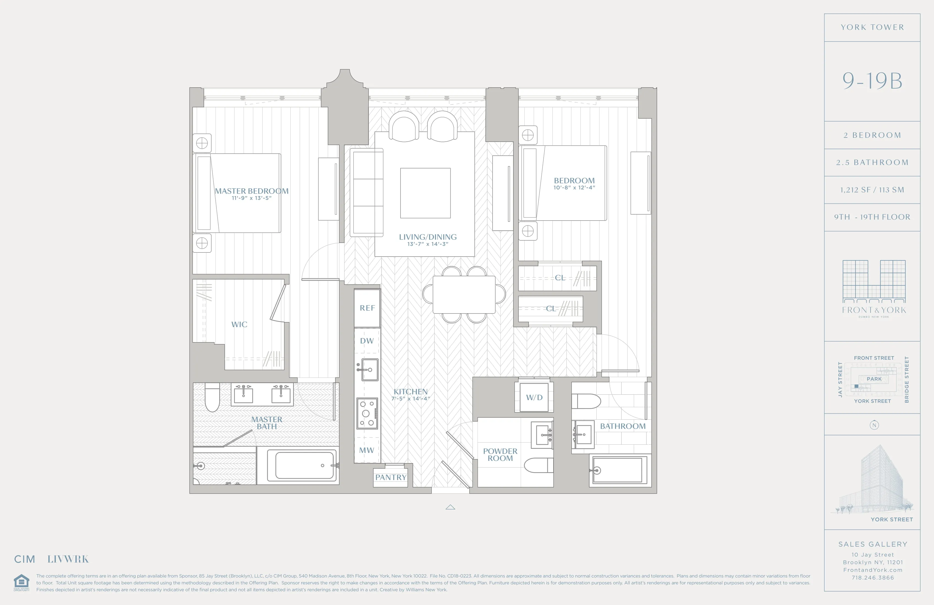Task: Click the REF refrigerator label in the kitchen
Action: (367, 308)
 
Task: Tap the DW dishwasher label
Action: (367, 341)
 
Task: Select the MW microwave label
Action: (366, 450)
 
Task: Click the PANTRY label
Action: (390, 477)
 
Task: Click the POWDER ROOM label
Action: (500, 455)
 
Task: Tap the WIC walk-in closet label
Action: (239, 324)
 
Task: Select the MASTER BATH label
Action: (266, 423)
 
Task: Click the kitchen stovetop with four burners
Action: (367, 413)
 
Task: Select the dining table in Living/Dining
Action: (464, 295)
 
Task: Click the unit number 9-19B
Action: (872, 81)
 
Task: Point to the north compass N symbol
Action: (874, 425)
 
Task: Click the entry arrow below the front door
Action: (450, 507)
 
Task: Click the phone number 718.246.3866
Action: (872, 577)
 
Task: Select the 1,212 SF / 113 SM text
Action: (872, 190)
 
